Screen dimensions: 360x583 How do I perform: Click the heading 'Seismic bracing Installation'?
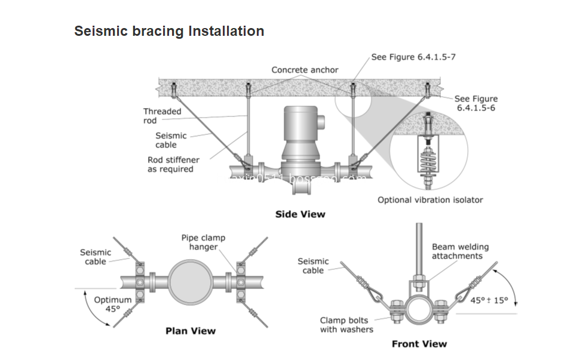[169, 31]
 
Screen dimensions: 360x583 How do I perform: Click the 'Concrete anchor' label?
[305, 70]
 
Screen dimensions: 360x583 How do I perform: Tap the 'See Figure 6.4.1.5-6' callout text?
[475, 103]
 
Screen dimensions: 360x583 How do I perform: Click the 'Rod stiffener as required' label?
[173, 164]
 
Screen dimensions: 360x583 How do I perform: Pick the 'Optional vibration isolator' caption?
[430, 200]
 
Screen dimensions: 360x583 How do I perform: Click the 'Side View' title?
[300, 214]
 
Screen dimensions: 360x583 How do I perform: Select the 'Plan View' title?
[190, 330]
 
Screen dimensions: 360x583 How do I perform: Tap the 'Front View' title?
[419, 343]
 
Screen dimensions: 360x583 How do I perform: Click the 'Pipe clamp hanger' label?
[203, 242]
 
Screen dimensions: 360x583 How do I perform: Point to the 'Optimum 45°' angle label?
[112, 304]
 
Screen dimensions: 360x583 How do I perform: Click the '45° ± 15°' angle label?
[489, 300]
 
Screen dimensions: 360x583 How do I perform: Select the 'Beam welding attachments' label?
[460, 251]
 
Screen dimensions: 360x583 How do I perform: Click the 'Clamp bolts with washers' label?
[346, 325]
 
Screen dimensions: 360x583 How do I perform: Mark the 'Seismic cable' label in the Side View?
[171, 140]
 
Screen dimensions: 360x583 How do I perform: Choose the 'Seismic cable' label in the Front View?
[313, 266]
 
